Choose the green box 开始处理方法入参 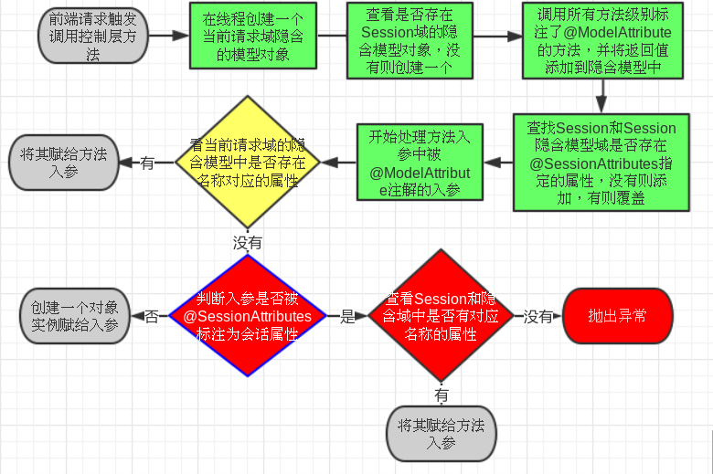(x=419, y=163)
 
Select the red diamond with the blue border (x=247, y=316)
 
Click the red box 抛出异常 (x=618, y=316)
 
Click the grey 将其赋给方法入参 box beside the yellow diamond (x=64, y=162)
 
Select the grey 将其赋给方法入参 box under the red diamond (x=442, y=432)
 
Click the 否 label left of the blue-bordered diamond (x=151, y=317)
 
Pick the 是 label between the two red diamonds (x=346, y=317)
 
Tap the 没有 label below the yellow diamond (x=248, y=243)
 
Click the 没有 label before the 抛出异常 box (x=537, y=317)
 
